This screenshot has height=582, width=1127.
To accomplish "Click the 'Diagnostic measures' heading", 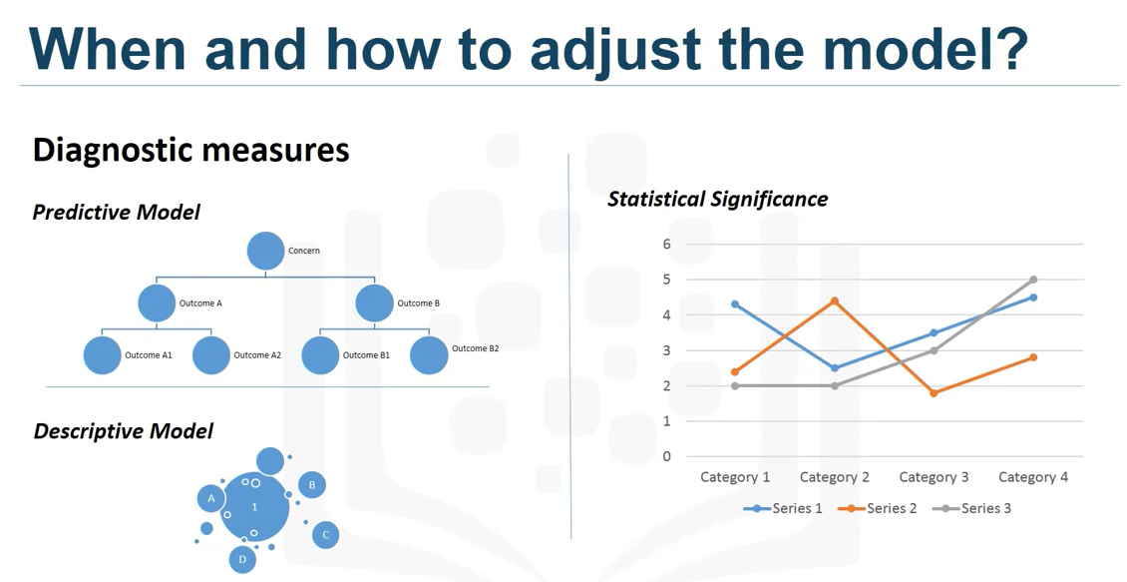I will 190,150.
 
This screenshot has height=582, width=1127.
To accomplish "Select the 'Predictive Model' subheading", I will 116,213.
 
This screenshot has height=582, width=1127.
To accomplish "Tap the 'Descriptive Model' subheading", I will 123,431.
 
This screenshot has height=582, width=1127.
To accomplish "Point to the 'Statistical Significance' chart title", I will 717,199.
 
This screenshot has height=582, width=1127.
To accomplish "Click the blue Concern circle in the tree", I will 265,251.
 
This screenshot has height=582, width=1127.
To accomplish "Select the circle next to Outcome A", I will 157,302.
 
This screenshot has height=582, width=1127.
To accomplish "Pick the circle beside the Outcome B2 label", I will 429,355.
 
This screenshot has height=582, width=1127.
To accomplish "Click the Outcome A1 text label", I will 149,355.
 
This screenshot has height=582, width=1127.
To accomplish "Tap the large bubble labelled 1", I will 254,507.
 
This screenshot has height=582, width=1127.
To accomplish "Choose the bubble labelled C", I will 325,535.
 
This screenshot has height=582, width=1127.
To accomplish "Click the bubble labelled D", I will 242,560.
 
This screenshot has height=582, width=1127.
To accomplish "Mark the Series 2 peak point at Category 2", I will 835,300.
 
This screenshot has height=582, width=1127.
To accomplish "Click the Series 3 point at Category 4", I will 1033,280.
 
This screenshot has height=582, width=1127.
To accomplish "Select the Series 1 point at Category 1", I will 735,304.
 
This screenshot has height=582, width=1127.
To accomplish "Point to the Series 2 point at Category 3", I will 934,393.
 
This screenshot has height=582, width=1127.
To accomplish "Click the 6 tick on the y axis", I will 666,244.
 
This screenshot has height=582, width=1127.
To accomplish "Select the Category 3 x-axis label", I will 934,477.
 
